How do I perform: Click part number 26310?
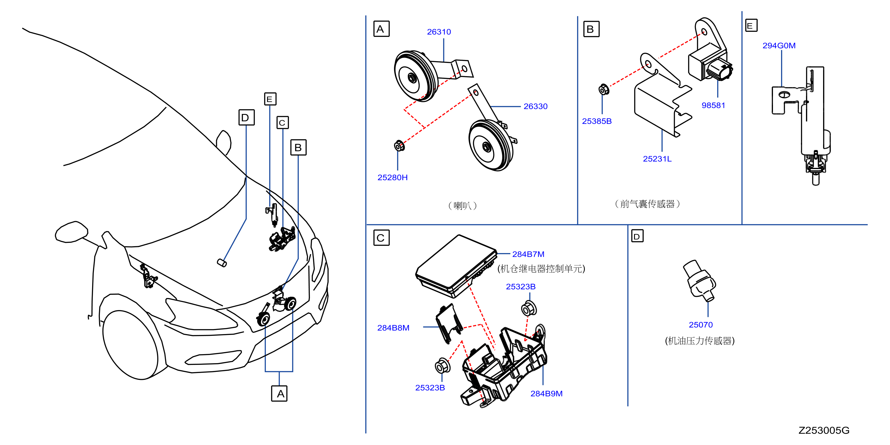(x=439, y=32)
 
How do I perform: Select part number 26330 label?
(x=535, y=106)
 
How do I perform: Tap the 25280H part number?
(x=392, y=178)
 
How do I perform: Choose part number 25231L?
(x=657, y=159)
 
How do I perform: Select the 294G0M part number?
(x=779, y=46)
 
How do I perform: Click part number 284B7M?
(x=528, y=254)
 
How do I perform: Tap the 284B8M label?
(x=393, y=328)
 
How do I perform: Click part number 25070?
(x=701, y=325)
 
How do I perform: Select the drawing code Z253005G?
(x=824, y=431)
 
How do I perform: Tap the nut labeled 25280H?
(x=399, y=146)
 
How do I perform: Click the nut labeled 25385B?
(x=603, y=89)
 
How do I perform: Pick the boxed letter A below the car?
(x=279, y=393)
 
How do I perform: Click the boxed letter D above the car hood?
(x=246, y=117)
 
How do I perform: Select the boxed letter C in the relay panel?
(x=381, y=238)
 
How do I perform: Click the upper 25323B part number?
(x=520, y=287)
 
